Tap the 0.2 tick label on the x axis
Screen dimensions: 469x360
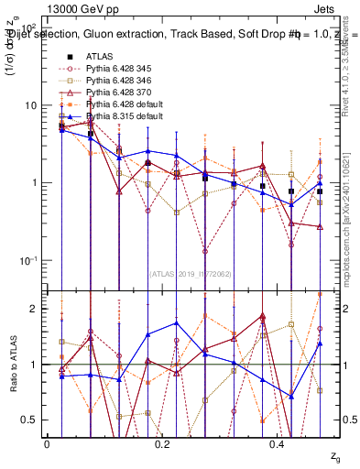[x=163, y=444]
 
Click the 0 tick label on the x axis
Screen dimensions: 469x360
[x=47, y=444]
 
